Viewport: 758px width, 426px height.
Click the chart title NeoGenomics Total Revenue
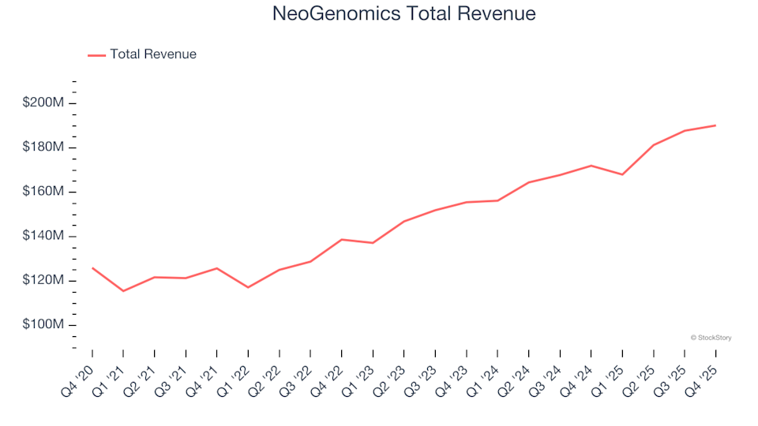pos(403,13)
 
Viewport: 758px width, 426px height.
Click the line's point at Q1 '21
pos(123,291)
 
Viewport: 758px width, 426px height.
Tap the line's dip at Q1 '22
pos(248,287)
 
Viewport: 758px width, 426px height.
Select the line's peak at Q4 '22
pos(342,239)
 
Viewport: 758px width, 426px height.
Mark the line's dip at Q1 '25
pos(622,174)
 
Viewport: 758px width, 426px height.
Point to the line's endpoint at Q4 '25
pos(715,125)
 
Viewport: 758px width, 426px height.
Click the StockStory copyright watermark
pos(711,338)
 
